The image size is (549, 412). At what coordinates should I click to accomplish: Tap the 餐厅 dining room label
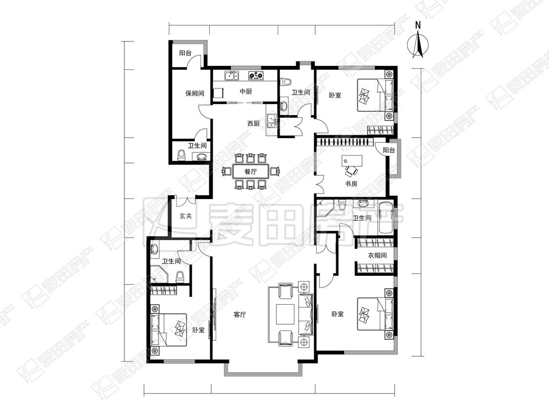click(x=250, y=172)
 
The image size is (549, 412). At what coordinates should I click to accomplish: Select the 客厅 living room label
click(x=240, y=314)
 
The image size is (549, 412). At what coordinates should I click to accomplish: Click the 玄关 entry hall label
click(x=185, y=216)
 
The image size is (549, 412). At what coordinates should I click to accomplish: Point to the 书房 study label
click(x=351, y=184)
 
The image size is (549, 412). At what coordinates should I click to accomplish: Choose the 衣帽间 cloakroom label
click(x=377, y=255)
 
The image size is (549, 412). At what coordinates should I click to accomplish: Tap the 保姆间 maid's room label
click(x=195, y=94)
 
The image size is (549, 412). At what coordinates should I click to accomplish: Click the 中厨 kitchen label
click(x=245, y=91)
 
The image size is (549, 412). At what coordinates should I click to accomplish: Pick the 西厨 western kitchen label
click(x=253, y=124)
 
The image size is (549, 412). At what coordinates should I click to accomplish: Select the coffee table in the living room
click(x=285, y=314)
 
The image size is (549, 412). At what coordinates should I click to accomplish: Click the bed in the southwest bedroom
click(x=168, y=330)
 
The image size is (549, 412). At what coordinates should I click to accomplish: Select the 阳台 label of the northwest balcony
click(x=185, y=53)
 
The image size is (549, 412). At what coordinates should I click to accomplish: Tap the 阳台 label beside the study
click(x=388, y=150)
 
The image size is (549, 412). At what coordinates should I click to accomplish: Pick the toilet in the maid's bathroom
click(x=182, y=155)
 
